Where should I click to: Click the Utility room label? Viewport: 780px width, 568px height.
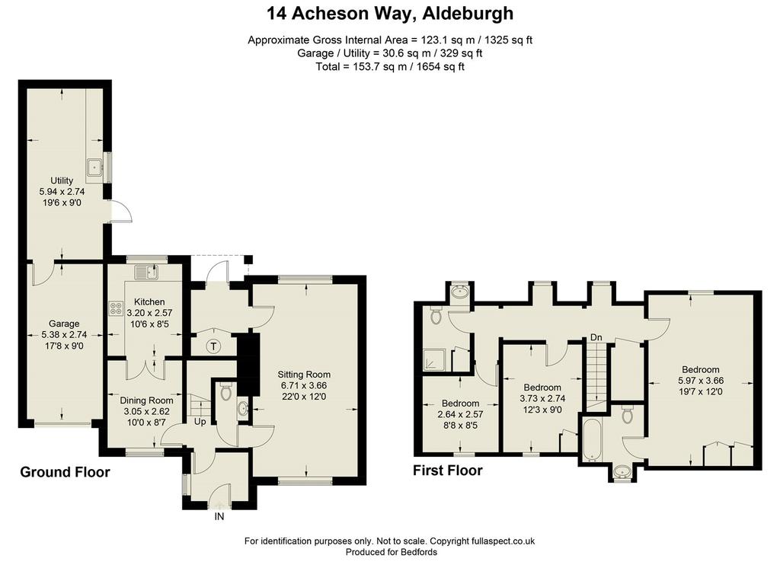pos(62,180)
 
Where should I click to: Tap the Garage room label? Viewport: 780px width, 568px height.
pos(64,324)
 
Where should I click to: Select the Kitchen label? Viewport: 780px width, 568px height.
pos(149,302)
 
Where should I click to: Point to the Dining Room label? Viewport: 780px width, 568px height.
pos(147,400)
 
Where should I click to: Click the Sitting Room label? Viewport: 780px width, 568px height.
pos(304,375)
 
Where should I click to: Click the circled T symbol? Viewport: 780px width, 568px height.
pos(213,346)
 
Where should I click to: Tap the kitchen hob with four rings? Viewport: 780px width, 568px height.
pos(116,308)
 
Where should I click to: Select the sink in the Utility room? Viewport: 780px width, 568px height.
pos(94,168)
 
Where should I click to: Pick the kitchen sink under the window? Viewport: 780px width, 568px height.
pos(146,272)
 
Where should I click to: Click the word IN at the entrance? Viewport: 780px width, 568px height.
pos(219,517)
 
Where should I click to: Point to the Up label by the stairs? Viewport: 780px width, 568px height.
pos(200,422)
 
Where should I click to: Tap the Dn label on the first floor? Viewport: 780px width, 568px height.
pos(596,337)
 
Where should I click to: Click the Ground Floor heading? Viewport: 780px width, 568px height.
pos(66,472)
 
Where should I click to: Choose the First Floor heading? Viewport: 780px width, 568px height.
pos(448,471)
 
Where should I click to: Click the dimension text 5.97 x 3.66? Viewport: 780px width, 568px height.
pos(701,381)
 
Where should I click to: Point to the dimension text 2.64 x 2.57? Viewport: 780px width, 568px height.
pos(460,414)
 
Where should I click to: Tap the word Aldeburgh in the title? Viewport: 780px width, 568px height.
pos(468,14)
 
